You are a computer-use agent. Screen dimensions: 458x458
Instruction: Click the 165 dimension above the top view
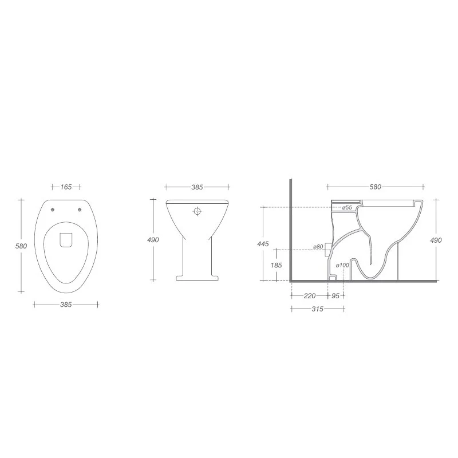pyautogui.click(x=66, y=187)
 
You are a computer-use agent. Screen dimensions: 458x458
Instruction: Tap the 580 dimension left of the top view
pyautogui.click(x=21, y=246)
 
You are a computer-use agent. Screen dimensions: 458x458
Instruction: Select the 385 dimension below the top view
pyautogui.click(x=66, y=305)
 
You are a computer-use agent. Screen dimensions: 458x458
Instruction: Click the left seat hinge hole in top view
pyautogui.click(x=53, y=210)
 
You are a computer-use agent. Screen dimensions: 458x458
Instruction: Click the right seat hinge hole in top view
pyautogui.click(x=80, y=210)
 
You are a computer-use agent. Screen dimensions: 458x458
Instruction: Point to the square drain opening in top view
pyautogui.click(x=66, y=240)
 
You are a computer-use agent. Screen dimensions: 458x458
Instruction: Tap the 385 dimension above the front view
pyautogui.click(x=197, y=187)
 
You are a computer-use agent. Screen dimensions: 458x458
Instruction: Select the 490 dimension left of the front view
pyautogui.click(x=153, y=240)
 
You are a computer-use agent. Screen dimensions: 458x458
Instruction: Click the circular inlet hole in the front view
pyautogui.click(x=198, y=211)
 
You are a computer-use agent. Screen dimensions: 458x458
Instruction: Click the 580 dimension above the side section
pyautogui.click(x=376, y=187)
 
